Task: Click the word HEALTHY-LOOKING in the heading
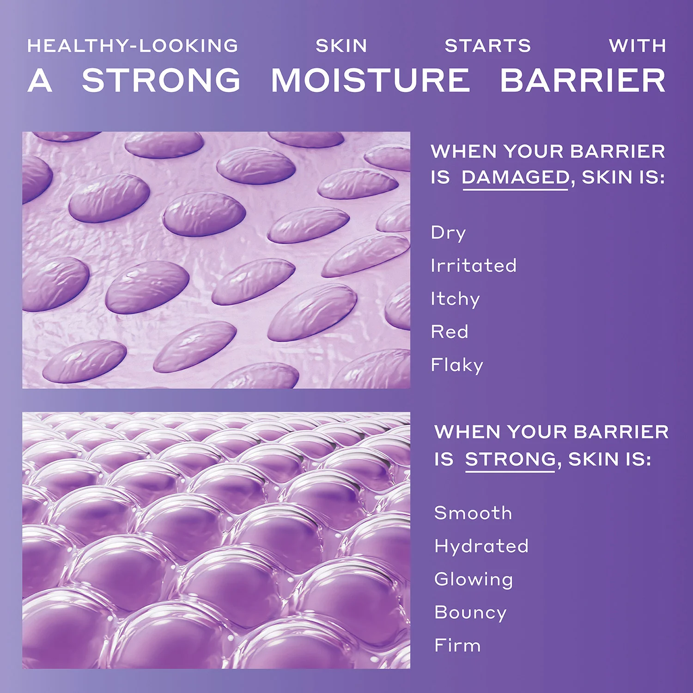[133, 46]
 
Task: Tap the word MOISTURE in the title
[370, 80]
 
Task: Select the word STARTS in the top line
[488, 46]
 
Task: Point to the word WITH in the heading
[638, 46]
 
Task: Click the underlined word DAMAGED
[516, 177]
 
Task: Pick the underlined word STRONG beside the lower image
[511, 459]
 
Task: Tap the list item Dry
[448, 233]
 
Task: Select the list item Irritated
[474, 266]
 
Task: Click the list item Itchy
[455, 299]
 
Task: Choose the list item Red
[450, 332]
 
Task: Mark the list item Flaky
[457, 365]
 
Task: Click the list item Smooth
[473, 513]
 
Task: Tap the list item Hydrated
[481, 547]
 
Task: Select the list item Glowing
[474, 579]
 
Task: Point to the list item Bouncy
[470, 613]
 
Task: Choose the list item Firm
[457, 645]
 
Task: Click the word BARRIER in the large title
[583, 80]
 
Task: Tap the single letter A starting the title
[40, 80]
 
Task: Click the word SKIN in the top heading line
[341, 46]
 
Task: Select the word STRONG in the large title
[161, 80]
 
